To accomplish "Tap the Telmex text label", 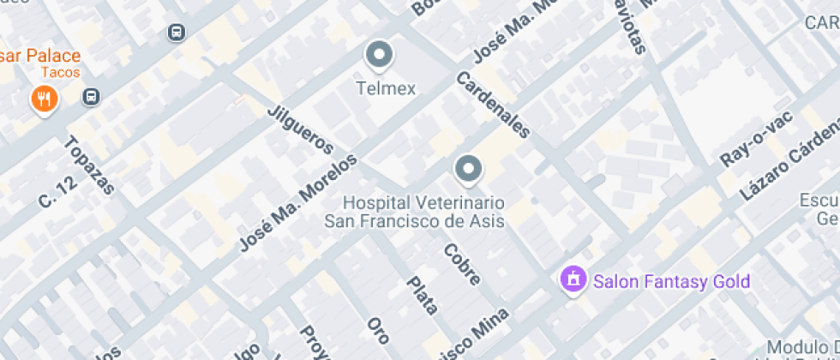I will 386,88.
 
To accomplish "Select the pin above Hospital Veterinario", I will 468,170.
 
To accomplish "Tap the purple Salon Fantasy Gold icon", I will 572,279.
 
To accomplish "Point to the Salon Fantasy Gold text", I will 671,281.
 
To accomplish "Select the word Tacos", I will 59,73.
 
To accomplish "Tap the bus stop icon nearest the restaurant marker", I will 91,96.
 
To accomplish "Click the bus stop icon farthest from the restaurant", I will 176,33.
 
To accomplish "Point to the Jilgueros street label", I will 299,129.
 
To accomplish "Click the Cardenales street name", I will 494,105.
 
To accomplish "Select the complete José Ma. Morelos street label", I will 297,202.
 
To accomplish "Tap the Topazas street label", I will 89,165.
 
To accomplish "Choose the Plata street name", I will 422,295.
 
